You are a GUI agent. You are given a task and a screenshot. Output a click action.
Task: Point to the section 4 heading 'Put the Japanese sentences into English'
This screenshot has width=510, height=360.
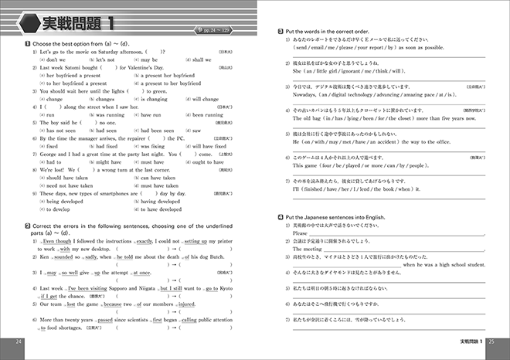pyautogui.click(x=335, y=218)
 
